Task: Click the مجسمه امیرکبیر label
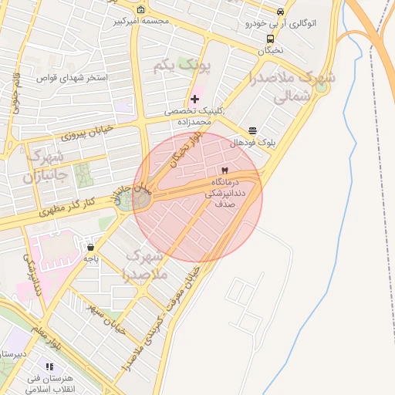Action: (141, 21)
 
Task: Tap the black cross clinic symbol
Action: (194, 99)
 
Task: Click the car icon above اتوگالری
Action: (280, 12)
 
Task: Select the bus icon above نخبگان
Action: (270, 39)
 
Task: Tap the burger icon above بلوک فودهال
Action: (252, 131)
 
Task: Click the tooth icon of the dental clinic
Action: (225, 170)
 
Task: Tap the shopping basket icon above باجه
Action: (91, 248)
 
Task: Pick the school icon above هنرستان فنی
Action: (50, 366)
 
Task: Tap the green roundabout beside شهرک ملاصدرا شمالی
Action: (321, 87)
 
